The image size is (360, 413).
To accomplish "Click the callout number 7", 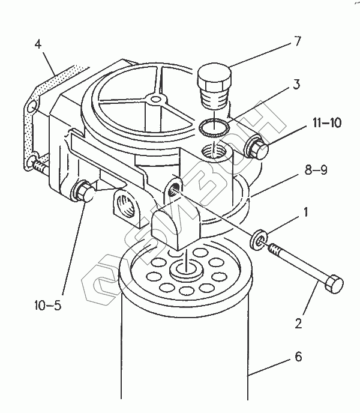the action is [298, 41].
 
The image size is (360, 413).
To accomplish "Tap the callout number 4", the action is [38, 44].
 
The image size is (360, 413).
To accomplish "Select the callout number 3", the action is [296, 85].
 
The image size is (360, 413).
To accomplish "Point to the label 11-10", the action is [327, 122].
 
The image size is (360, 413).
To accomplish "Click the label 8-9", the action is [316, 170].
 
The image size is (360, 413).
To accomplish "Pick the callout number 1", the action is [306, 213].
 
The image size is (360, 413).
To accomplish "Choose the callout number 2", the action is [298, 324].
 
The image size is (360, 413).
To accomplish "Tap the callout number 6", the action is [298, 357].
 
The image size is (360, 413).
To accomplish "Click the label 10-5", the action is [47, 306].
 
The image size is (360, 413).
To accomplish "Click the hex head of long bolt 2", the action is [334, 284].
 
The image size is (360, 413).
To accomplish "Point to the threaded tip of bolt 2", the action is [274, 249].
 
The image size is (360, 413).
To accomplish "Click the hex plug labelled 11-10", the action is [257, 148].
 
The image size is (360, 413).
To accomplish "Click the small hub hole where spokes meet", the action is [156, 99].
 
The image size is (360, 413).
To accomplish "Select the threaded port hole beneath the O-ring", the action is [214, 151].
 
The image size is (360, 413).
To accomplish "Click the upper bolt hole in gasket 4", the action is [31, 108].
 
